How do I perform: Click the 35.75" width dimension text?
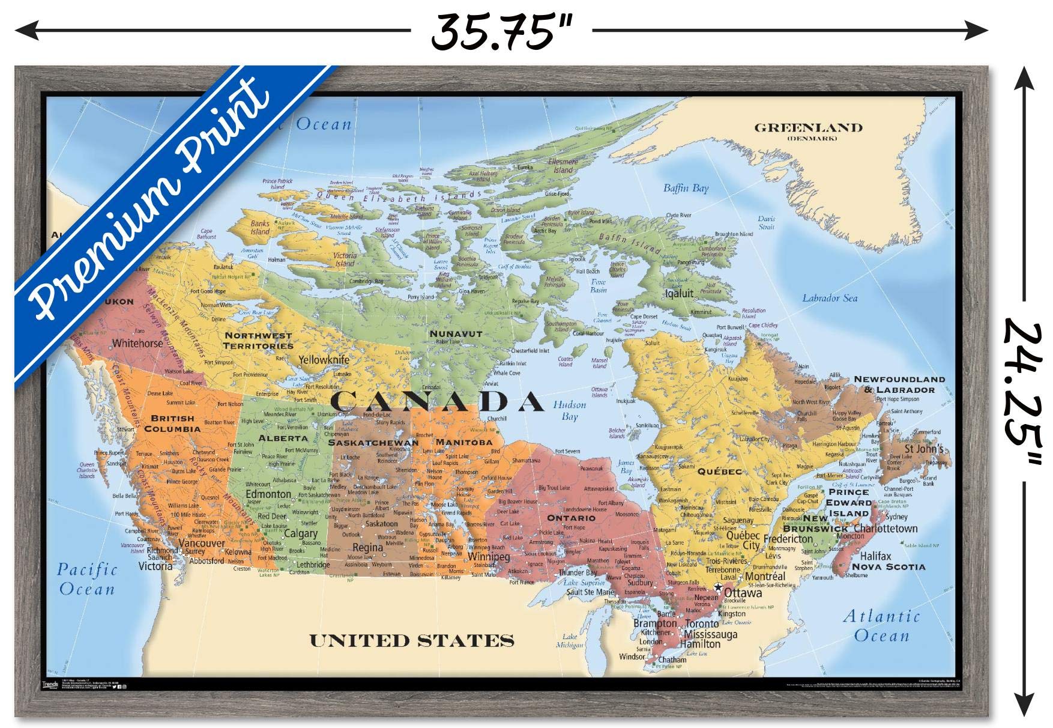501,31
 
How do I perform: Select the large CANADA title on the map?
438,402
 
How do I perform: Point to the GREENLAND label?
808,128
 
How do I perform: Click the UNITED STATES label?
411,641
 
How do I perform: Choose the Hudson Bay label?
569,410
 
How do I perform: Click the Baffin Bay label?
686,188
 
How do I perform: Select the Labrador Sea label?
830,298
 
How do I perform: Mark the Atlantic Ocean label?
881,625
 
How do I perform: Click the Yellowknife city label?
324,360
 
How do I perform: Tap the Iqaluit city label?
679,294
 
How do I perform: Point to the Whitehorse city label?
137,344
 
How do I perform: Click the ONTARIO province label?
571,518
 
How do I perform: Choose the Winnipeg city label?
489,557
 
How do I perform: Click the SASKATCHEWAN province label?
373,443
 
